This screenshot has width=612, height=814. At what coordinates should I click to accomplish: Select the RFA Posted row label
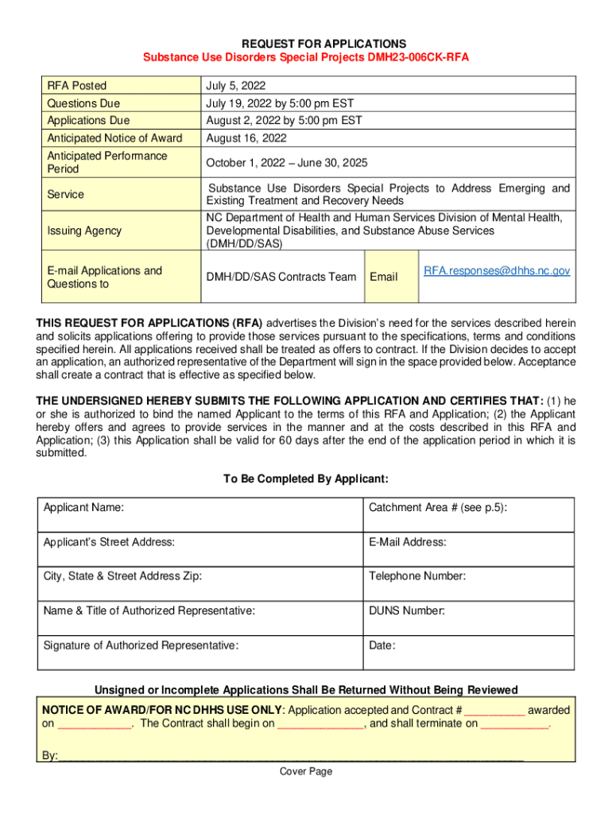(77, 86)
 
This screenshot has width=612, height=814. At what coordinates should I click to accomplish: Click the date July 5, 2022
(236, 86)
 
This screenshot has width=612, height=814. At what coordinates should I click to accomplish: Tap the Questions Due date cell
(280, 103)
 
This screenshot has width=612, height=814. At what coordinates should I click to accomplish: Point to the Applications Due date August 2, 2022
(284, 121)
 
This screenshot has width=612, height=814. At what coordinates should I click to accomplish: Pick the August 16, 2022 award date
(246, 138)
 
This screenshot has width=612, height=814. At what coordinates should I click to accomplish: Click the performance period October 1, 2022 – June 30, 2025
(287, 162)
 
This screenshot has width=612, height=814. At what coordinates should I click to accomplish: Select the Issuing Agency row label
(84, 231)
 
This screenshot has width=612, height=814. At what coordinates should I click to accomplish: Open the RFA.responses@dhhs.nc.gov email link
(496, 271)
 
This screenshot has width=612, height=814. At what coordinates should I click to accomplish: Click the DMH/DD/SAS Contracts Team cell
(281, 277)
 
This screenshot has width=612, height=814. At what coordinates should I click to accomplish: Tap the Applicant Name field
(199, 514)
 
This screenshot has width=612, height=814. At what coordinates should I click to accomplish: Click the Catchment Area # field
(467, 514)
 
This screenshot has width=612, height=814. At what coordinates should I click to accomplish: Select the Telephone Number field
(467, 583)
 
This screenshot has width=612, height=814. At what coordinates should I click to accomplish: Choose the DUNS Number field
(467, 618)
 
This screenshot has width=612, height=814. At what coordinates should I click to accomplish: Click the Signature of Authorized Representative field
(199, 652)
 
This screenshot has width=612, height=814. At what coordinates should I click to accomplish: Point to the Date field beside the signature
(467, 652)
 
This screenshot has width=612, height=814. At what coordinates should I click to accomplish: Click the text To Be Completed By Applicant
(306, 479)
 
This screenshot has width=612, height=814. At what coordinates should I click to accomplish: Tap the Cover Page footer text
(306, 771)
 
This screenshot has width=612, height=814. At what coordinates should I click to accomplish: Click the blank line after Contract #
(494, 711)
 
